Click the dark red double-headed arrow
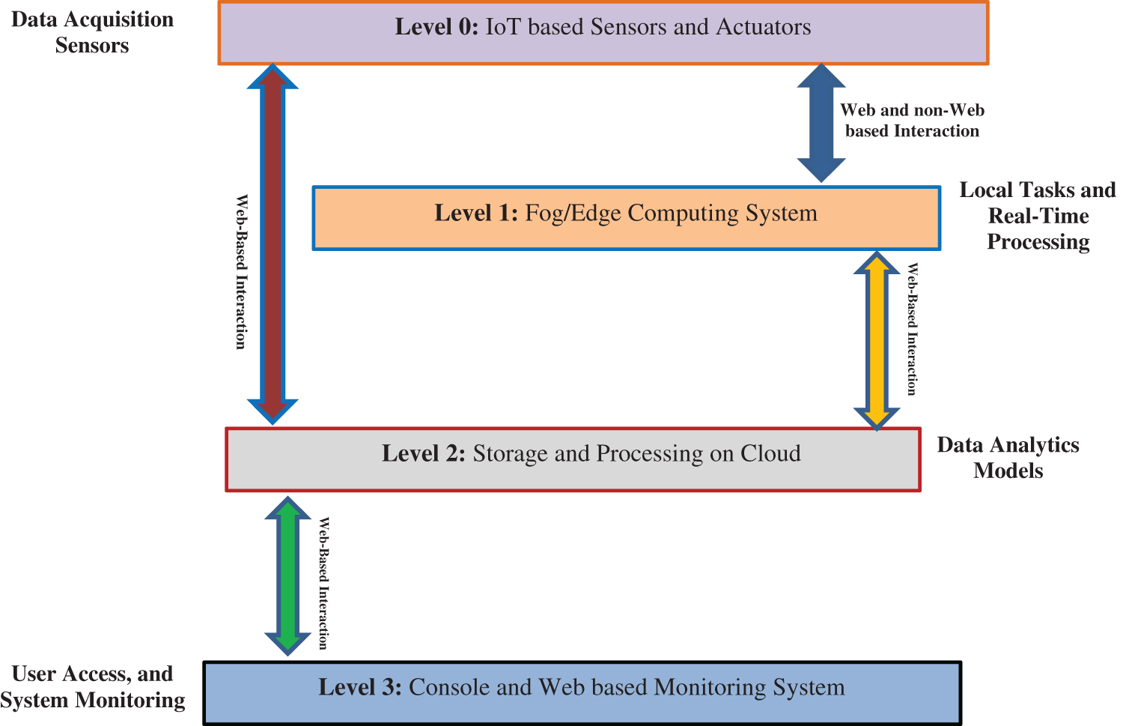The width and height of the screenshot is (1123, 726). [273, 243]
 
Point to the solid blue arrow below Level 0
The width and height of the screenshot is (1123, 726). [821, 123]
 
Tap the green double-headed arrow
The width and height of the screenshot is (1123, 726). [288, 575]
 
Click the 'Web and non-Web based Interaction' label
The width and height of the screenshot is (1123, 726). [911, 121]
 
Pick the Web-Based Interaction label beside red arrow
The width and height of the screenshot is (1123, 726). [241, 272]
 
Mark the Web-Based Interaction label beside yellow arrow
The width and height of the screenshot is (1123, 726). [912, 329]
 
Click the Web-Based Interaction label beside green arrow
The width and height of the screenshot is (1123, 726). [323, 583]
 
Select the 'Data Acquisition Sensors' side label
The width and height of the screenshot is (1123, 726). [92, 32]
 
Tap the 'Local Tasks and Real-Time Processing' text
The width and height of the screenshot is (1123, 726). [1038, 216]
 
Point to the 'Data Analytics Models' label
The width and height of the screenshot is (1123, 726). [1008, 458]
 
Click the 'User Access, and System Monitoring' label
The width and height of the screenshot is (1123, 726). [92, 687]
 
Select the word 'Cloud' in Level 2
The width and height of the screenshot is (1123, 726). [770, 453]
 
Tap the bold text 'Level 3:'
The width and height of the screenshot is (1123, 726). [360, 687]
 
